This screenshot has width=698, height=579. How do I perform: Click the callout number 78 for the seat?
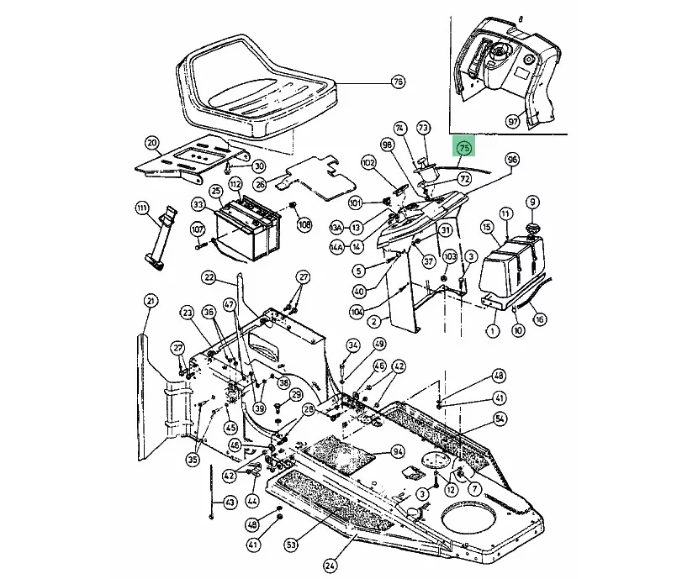[x=398, y=82]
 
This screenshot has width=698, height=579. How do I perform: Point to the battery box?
[x=246, y=231]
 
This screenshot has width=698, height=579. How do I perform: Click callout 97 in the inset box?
[x=512, y=121]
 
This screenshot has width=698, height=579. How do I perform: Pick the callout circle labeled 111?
[x=142, y=207]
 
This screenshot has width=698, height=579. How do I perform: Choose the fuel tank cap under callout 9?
[x=531, y=229]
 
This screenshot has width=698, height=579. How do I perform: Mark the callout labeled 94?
[x=398, y=452]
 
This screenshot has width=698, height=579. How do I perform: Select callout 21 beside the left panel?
[x=151, y=301]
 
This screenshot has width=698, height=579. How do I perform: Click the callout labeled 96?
[x=512, y=160]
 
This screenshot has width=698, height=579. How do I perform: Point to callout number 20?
[x=151, y=142]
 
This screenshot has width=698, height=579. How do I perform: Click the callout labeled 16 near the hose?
[x=539, y=318]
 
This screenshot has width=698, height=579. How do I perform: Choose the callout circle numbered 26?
[x=260, y=184]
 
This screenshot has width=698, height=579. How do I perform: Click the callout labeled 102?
[x=368, y=162]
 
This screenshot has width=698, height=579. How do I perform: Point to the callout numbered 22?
[x=209, y=277]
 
